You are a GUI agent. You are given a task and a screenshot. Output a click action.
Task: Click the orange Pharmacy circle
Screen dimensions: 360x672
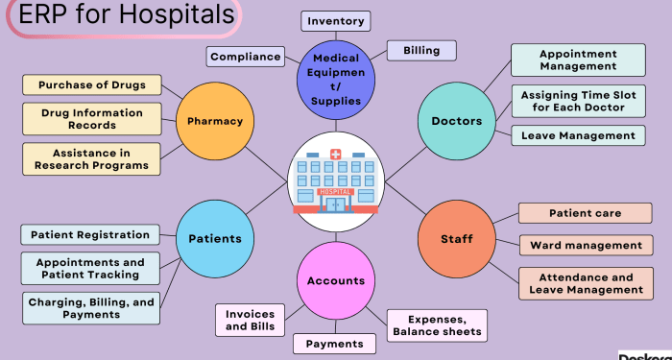(215, 122)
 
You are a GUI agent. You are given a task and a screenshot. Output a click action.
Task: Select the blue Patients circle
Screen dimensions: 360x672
(215, 239)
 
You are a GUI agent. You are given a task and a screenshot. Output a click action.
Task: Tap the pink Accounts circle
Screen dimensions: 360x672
(336, 281)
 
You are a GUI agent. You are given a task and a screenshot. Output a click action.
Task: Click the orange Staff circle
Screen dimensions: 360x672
(457, 239)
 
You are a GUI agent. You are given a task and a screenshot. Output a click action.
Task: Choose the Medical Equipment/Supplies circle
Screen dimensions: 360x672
(336, 80)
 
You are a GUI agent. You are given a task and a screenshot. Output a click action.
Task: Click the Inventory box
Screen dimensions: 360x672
(335, 21)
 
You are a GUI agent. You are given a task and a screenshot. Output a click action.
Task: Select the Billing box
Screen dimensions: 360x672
(421, 50)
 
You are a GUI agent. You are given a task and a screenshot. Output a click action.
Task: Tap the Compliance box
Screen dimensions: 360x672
(246, 57)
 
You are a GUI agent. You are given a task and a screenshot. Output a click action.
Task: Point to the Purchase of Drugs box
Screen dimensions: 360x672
(92, 85)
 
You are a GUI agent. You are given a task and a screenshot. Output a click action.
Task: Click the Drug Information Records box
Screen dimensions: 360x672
(92, 119)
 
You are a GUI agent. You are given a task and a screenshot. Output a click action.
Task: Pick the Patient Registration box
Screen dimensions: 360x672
(90, 234)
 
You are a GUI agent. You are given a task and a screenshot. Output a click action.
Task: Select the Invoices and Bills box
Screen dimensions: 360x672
(250, 320)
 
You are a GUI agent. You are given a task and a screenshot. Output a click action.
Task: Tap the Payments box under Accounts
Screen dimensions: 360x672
(334, 344)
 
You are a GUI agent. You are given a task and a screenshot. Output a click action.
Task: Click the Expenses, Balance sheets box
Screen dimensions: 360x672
(437, 325)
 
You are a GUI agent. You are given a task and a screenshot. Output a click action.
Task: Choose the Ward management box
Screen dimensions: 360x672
(586, 245)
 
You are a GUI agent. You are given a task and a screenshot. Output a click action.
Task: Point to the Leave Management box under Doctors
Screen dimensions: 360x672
(578, 135)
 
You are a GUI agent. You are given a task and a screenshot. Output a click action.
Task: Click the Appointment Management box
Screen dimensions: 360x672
(578, 60)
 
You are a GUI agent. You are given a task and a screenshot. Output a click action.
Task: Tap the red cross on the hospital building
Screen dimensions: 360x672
(335, 155)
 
